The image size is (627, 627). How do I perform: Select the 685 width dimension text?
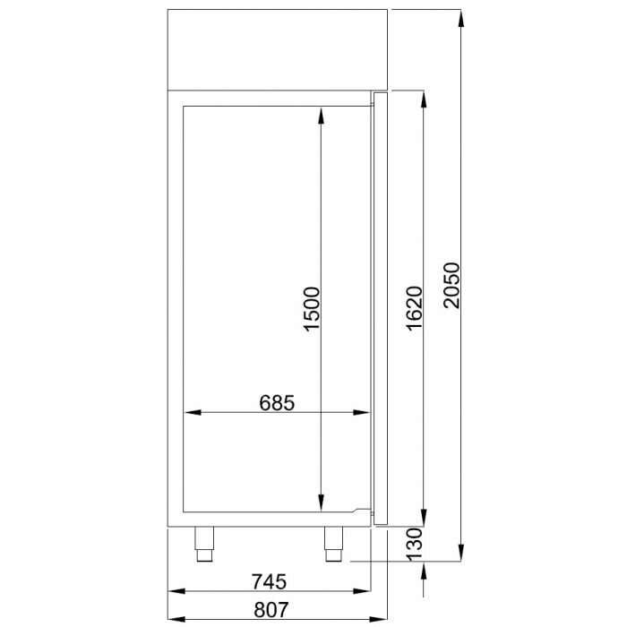[x=277, y=402]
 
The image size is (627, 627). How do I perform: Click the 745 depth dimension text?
[x=269, y=582]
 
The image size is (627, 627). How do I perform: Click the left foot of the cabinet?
[x=206, y=540]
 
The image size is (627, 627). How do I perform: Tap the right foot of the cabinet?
[x=334, y=540]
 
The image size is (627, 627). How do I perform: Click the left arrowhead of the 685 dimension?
[x=189, y=413]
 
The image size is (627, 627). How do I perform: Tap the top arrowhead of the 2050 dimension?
[x=460, y=17]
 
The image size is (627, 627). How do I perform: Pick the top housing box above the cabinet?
[x=278, y=49]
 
